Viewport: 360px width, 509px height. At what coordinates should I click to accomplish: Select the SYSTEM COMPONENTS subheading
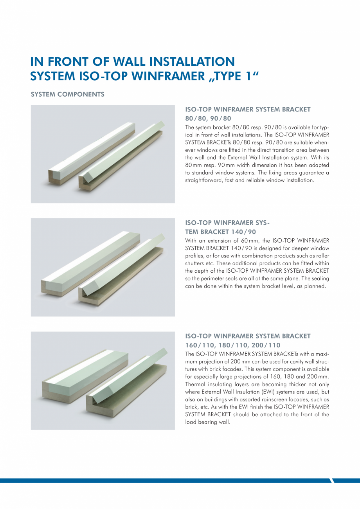point(67,94)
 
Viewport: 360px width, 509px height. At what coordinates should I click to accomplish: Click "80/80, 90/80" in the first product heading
point(208,118)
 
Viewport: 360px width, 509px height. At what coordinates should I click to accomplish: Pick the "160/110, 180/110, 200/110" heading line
point(232,345)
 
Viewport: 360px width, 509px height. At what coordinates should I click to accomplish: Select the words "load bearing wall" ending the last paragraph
point(208,422)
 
